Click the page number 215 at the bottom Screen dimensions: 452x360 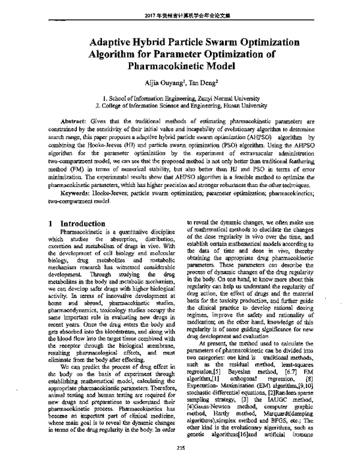(180, 445)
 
